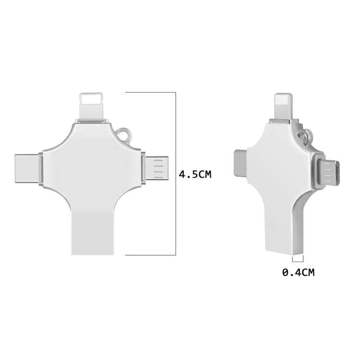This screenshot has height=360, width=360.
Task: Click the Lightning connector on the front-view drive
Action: tap(93, 104)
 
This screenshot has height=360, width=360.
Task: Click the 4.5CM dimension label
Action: tap(195, 174)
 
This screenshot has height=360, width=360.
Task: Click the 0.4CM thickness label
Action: tap(298, 273)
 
